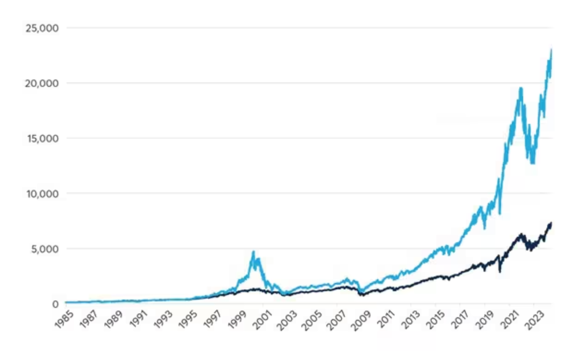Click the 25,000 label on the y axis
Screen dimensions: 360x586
tap(41, 28)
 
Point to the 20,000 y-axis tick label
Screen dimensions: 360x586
tap(41, 83)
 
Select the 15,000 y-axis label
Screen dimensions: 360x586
tap(41, 138)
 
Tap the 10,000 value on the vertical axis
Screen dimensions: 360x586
tap(41, 194)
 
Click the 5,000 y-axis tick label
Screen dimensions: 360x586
tap(43, 248)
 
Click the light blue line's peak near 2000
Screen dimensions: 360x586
tap(253, 252)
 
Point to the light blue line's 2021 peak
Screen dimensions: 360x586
tap(521, 88)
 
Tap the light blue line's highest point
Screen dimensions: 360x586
tap(551, 49)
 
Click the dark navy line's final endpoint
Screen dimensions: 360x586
tap(551, 223)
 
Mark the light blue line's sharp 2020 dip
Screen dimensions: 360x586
tap(500, 213)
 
